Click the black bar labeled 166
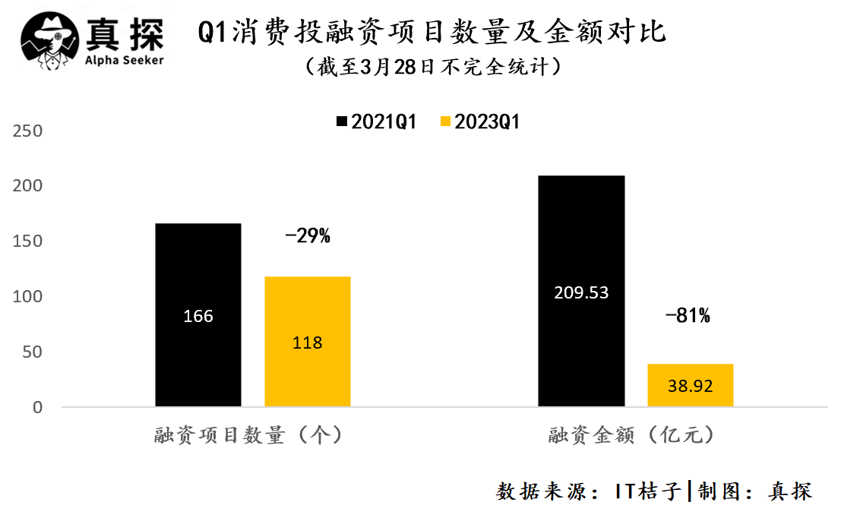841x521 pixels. pyautogui.click(x=198, y=315)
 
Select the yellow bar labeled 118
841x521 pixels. pyautogui.click(x=307, y=342)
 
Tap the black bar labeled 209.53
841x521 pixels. pyautogui.click(x=581, y=292)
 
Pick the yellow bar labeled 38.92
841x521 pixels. pyautogui.click(x=690, y=386)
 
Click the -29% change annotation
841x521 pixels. pyautogui.click(x=308, y=236)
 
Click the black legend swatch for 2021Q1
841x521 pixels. pyautogui.click(x=341, y=122)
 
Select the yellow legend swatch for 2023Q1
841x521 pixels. pyautogui.click(x=445, y=122)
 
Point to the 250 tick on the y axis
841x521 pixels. pyautogui.click(x=28, y=131)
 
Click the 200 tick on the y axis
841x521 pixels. pyautogui.click(x=28, y=187)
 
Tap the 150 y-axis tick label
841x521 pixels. pyautogui.click(x=28, y=242)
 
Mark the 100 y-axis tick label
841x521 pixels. pyautogui.click(x=28, y=297)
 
